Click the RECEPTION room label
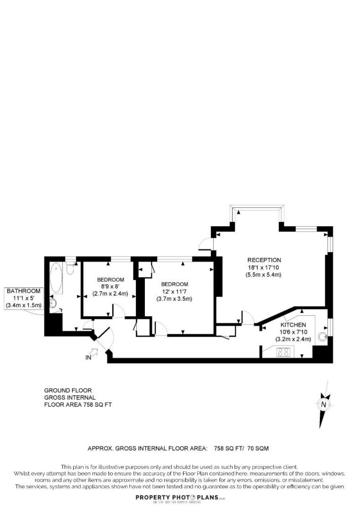coord(264,260)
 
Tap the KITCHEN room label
coord(293,325)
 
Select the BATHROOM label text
coord(24,291)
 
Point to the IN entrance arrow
coord(94,352)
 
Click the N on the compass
coord(324,404)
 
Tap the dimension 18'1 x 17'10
coord(264,268)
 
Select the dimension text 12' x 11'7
coord(174,292)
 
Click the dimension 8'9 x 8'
coord(110,287)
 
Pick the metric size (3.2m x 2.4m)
coord(293,339)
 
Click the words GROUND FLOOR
coord(68,390)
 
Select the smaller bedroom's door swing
coord(118,311)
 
